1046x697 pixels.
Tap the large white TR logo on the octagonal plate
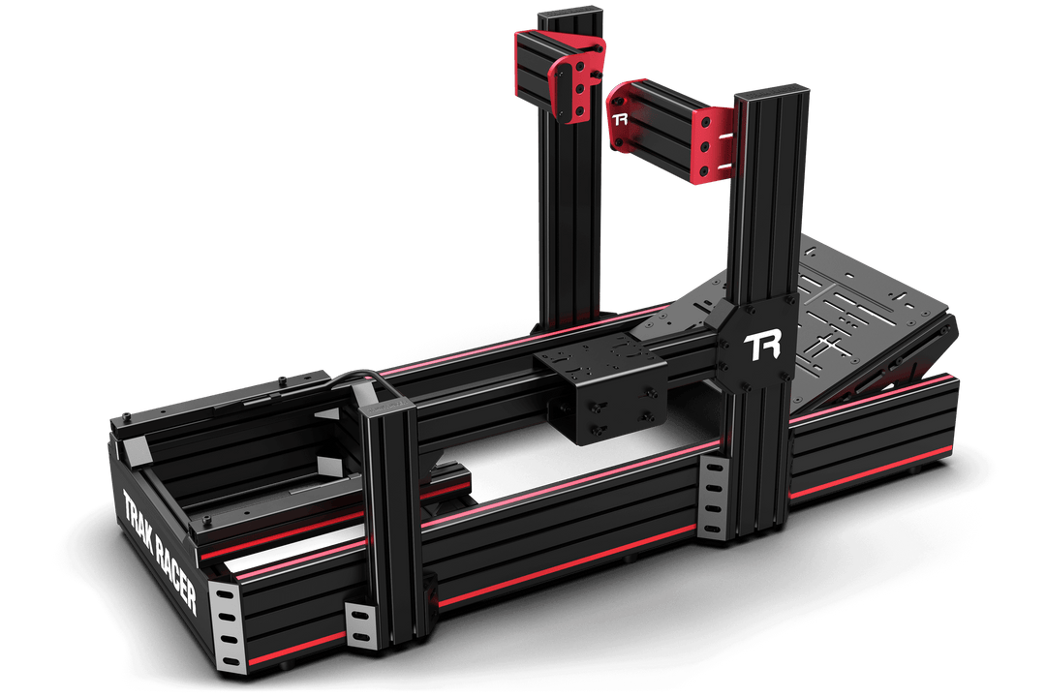[763, 347]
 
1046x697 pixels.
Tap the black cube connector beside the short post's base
[426, 590]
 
